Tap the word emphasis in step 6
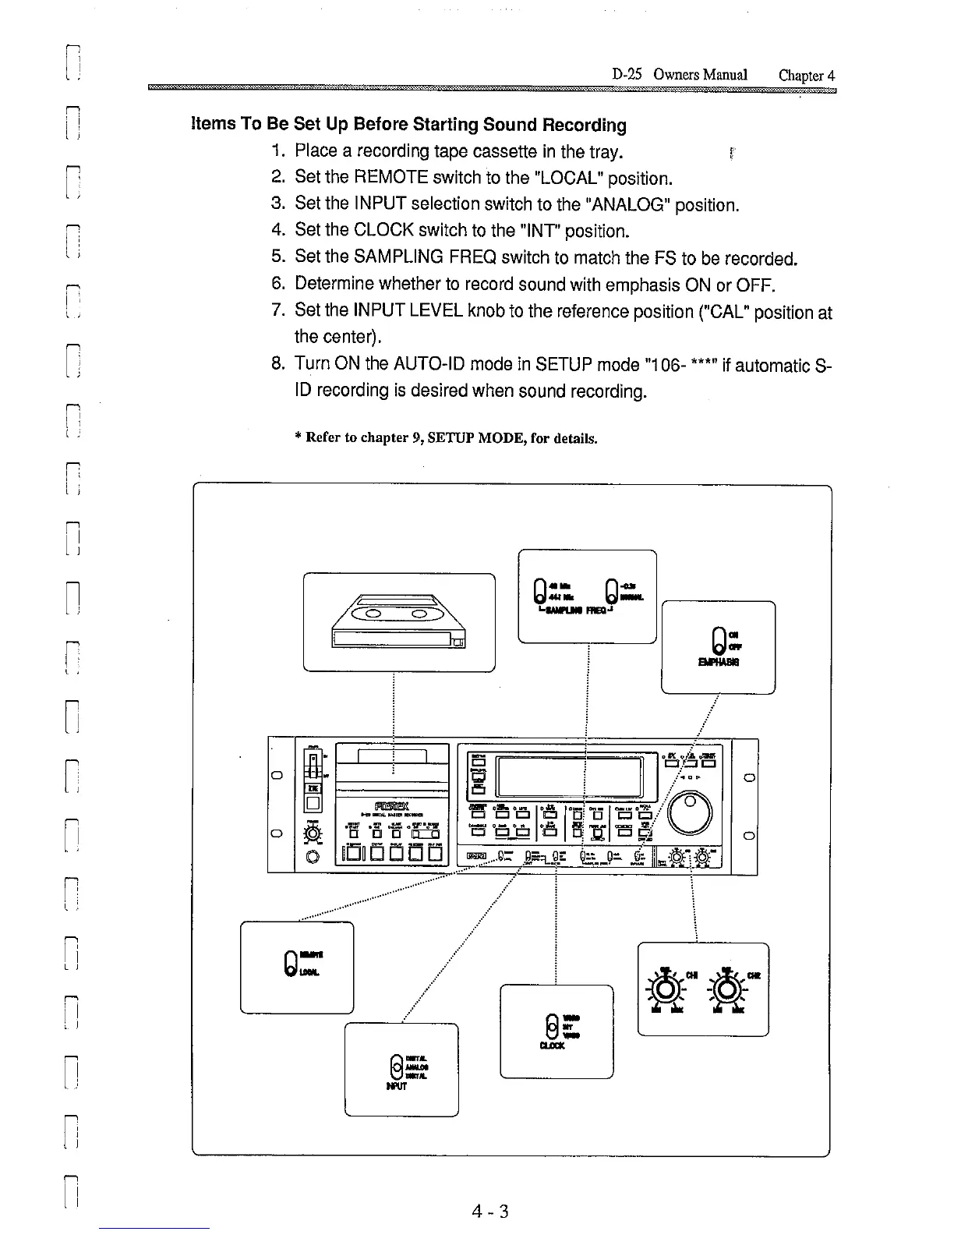pyautogui.click(x=633, y=284)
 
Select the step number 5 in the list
pyautogui.click(x=278, y=257)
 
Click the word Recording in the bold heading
pyautogui.click(x=584, y=125)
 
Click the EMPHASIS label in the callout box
pyautogui.click(x=719, y=662)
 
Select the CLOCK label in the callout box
pyautogui.click(x=552, y=1046)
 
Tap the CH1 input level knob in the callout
pyautogui.click(x=665, y=989)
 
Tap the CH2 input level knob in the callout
pyautogui.click(x=726, y=989)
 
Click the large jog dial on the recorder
pyautogui.click(x=690, y=812)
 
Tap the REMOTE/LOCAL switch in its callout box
pyautogui.click(x=290, y=964)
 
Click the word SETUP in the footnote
pyautogui.click(x=460, y=438)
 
